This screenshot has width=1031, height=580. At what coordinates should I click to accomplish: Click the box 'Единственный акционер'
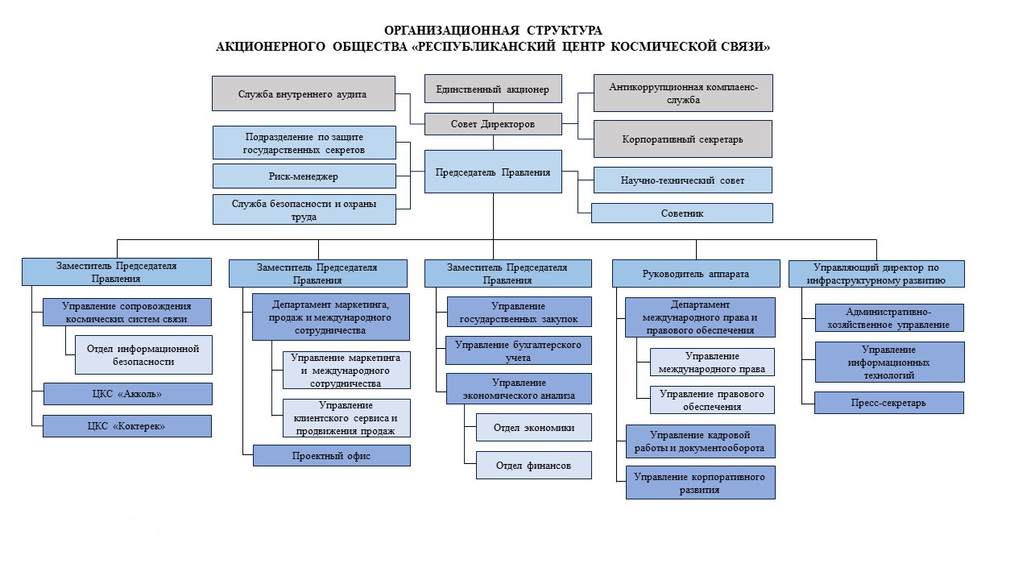pyautogui.click(x=493, y=89)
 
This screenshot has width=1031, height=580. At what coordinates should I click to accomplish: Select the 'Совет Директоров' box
pyautogui.click(x=493, y=124)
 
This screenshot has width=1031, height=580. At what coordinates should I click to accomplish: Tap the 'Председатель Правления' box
pyautogui.click(x=493, y=172)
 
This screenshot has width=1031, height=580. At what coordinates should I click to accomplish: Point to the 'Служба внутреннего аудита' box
pyautogui.click(x=304, y=93)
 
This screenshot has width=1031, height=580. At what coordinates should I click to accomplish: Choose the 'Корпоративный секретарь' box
pyautogui.click(x=682, y=139)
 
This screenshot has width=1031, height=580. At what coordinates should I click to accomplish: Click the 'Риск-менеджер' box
pyautogui.click(x=304, y=176)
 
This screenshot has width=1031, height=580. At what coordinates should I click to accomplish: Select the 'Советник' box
pyautogui.click(x=681, y=213)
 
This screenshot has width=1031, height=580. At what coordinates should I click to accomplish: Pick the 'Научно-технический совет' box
pyautogui.click(x=682, y=180)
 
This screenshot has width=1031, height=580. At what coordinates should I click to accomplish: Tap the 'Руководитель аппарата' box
pyautogui.click(x=696, y=273)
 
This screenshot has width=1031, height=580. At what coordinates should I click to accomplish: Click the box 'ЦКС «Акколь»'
pyautogui.click(x=128, y=394)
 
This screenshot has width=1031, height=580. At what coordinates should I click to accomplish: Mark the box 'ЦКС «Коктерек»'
pyautogui.click(x=127, y=426)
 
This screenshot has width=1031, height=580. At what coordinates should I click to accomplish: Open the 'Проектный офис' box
pyautogui.click(x=331, y=456)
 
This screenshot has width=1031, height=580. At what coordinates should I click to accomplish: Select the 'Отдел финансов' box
pyautogui.click(x=533, y=466)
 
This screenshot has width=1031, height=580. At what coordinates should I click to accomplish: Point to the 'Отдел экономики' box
pyautogui.click(x=533, y=428)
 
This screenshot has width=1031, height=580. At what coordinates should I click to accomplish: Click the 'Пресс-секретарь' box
pyautogui.click(x=888, y=403)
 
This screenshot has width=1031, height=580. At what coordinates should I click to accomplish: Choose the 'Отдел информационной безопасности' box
pyautogui.click(x=143, y=355)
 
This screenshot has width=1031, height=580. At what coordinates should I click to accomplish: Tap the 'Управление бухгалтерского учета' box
pyautogui.click(x=518, y=350)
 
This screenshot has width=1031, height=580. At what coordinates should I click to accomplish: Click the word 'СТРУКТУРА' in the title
pyautogui.click(x=565, y=31)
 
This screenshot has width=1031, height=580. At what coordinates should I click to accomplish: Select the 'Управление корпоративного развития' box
pyautogui.click(x=700, y=483)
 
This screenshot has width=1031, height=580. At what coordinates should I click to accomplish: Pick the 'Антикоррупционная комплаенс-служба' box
pyautogui.click(x=683, y=93)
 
